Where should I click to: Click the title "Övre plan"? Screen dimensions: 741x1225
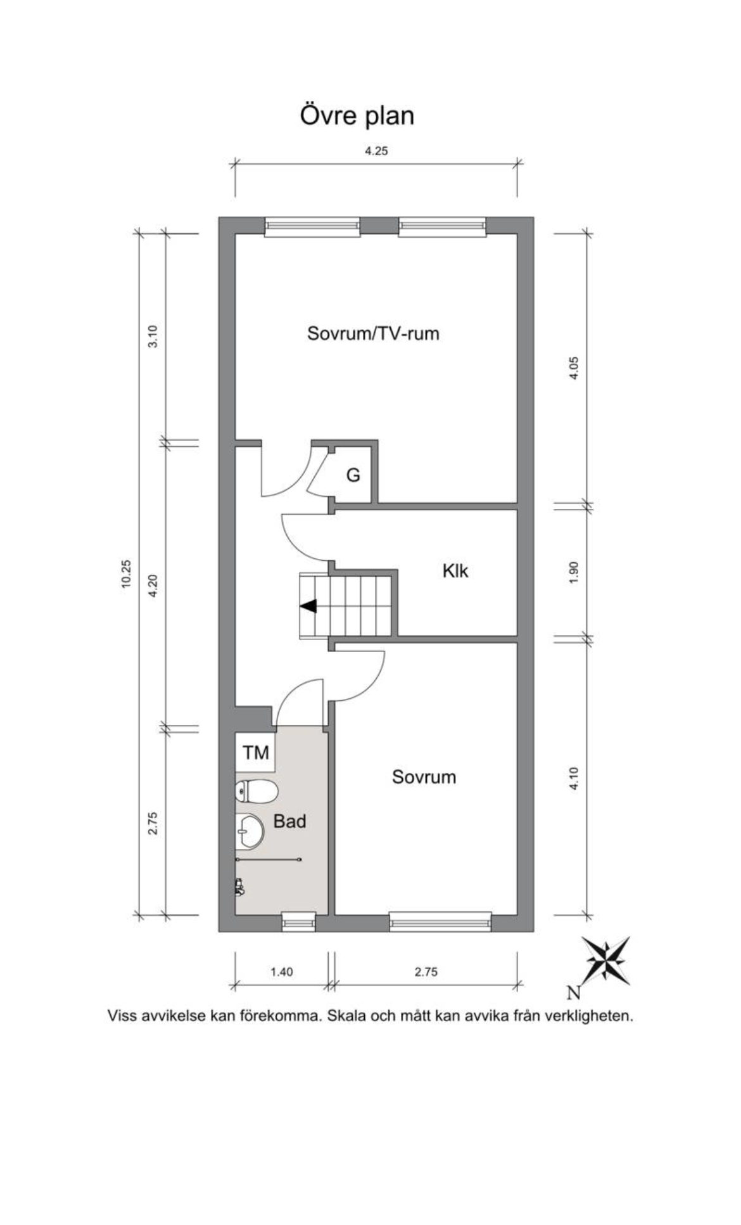click(x=357, y=116)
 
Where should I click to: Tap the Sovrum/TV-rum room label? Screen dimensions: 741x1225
click(x=373, y=333)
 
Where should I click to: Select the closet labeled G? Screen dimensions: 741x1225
click(x=353, y=475)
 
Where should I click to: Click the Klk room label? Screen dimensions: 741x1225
click(x=455, y=571)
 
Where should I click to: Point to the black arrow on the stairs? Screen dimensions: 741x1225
click(x=308, y=606)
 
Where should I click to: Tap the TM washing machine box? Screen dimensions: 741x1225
click(x=256, y=753)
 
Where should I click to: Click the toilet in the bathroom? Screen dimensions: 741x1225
click(x=256, y=791)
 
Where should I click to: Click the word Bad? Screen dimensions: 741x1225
click(x=289, y=821)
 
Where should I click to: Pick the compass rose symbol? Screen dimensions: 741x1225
click(x=607, y=960)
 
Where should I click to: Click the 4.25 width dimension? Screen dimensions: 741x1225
click(x=376, y=151)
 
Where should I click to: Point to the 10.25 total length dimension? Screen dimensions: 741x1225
click(x=125, y=574)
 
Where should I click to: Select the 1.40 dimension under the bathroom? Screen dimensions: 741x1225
click(x=282, y=972)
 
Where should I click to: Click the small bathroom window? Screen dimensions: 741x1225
click(x=298, y=922)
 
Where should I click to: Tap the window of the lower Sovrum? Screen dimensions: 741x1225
click(x=440, y=922)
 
